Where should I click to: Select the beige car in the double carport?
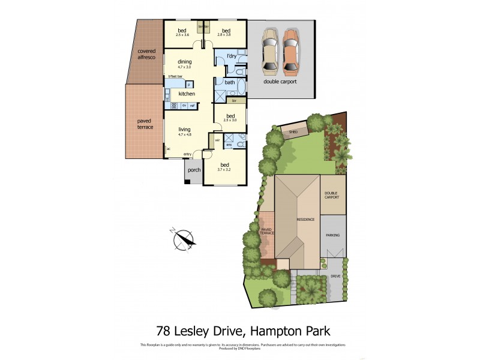[269, 50]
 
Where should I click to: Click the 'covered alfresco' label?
[146, 54]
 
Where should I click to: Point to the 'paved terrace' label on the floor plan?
[145, 124]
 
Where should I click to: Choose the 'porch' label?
[194, 170]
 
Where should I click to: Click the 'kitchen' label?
[187, 94]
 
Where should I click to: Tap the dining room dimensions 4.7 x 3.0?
[184, 67]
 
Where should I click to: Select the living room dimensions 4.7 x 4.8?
[184, 134]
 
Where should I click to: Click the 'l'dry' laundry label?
[226, 57]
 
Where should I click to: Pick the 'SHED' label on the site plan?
[293, 131]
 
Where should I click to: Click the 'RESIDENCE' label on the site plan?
[305, 220]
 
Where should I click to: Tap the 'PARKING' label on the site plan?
[333, 235]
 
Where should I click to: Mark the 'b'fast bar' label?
[176, 76]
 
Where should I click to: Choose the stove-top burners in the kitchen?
[174, 106]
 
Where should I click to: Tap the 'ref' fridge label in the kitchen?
[193, 106]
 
